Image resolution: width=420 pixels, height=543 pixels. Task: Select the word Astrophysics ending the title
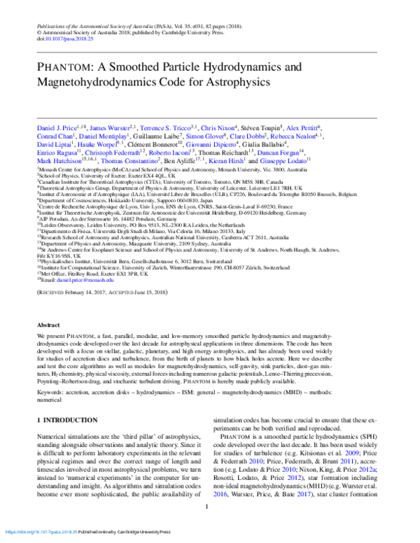point(232,82)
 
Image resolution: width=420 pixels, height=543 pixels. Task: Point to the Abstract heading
point(48,326)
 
